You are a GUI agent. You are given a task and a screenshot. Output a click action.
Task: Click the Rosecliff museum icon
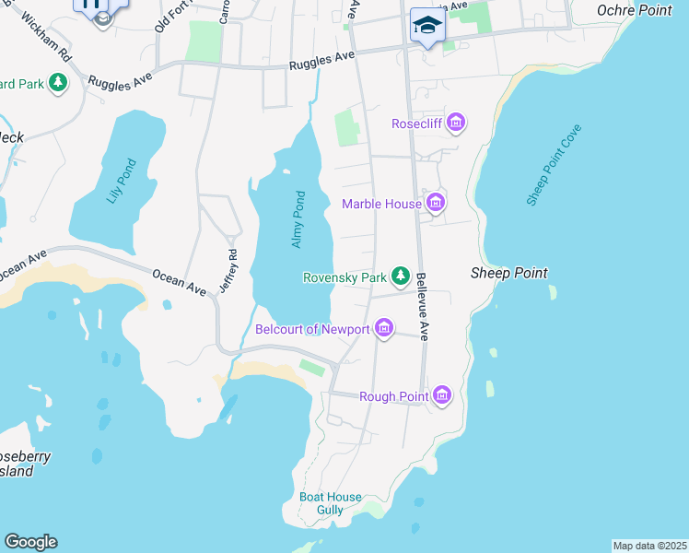coord(455,123)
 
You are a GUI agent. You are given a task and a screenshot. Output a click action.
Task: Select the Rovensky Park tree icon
coord(400,276)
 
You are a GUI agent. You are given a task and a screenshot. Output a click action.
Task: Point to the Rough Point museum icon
coord(443,395)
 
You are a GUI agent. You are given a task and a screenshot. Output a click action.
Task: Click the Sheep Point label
coord(509,273)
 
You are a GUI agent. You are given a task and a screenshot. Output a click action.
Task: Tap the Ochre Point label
coord(635,9)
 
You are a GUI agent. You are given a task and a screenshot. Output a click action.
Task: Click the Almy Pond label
coord(298,219)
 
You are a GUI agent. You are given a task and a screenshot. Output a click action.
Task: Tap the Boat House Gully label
coord(331,503)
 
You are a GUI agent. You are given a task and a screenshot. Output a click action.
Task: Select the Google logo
coord(29,542)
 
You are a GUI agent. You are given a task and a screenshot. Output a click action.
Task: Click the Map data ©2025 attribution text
coord(649,546)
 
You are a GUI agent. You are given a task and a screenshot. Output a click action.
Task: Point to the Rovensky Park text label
coord(344,276)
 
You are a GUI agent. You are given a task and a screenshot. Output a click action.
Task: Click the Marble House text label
coord(381,204)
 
